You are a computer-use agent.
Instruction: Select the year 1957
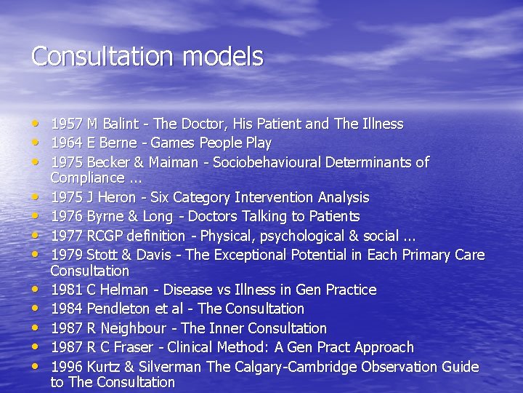(x=66, y=124)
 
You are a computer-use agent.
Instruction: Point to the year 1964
(x=66, y=143)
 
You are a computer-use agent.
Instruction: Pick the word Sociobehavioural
(x=265, y=162)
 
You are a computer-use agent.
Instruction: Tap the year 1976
(x=66, y=216)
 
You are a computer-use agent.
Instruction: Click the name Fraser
(x=138, y=347)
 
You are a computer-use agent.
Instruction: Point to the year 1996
(x=66, y=367)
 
